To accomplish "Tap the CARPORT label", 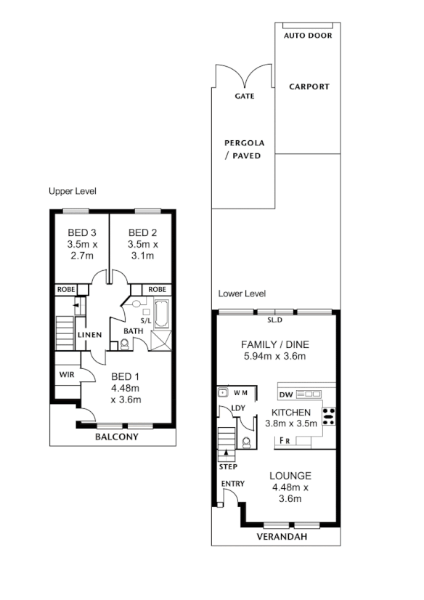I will (x=309, y=86).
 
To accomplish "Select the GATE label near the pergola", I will (x=244, y=96).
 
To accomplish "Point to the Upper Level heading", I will (x=73, y=191).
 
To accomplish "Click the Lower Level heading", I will (x=242, y=293).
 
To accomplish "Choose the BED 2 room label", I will (x=142, y=233).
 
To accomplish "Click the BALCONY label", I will (x=117, y=438).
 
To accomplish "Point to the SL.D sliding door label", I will (x=275, y=320).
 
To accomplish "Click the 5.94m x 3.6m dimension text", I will (x=275, y=357).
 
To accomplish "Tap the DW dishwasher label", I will (x=286, y=394).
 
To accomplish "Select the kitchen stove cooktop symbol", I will (x=329, y=416).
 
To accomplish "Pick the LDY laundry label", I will (x=237, y=408).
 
